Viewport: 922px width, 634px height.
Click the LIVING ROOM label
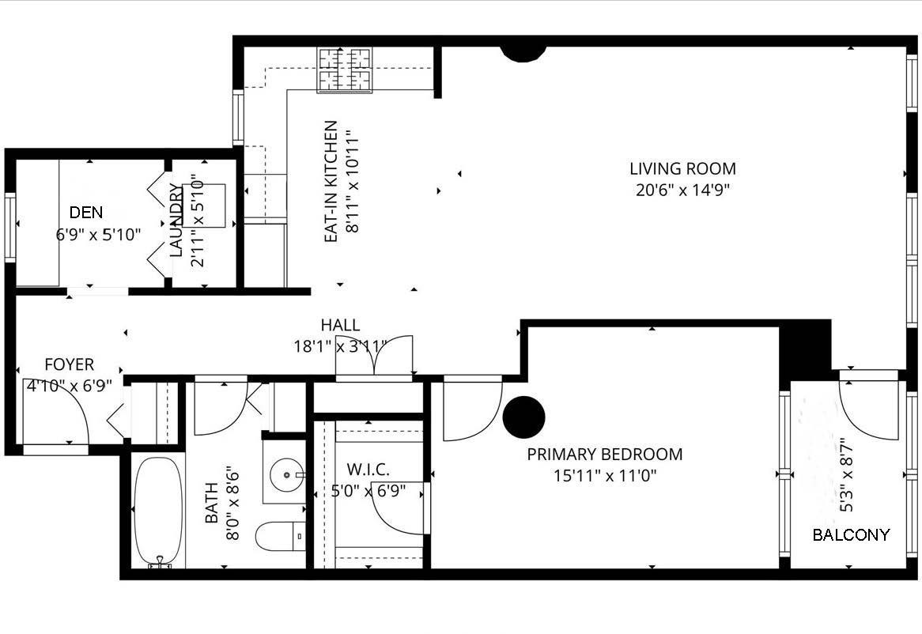pos(682,168)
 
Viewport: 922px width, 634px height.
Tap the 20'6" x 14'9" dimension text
pos(682,190)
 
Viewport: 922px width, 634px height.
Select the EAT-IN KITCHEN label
pos(331,181)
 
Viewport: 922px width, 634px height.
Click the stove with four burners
pos(345,70)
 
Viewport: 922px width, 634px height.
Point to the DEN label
pos(86,213)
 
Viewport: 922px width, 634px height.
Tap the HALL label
pos(340,325)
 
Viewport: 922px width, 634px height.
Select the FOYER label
pos(69,364)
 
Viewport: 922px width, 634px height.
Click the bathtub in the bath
pos(158,511)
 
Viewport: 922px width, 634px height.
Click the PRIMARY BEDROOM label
pos(604,455)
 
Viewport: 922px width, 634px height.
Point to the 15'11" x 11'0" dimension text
pos(604,476)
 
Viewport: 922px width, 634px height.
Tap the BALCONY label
pos(851,535)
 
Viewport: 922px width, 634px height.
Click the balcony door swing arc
pos(868,411)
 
